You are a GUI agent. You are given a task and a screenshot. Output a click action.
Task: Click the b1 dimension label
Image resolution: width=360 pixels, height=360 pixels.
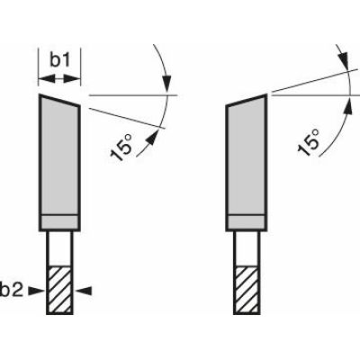(x=58, y=59)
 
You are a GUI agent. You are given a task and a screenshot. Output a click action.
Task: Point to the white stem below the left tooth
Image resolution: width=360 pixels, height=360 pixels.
(x=57, y=247)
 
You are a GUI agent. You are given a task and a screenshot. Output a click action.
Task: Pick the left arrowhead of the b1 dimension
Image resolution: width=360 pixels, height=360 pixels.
(x=42, y=77)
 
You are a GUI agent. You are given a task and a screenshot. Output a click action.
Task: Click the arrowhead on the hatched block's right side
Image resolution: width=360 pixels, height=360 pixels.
(x=78, y=290)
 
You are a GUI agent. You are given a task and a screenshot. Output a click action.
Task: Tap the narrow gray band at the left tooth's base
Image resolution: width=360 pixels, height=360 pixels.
(x=57, y=222)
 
